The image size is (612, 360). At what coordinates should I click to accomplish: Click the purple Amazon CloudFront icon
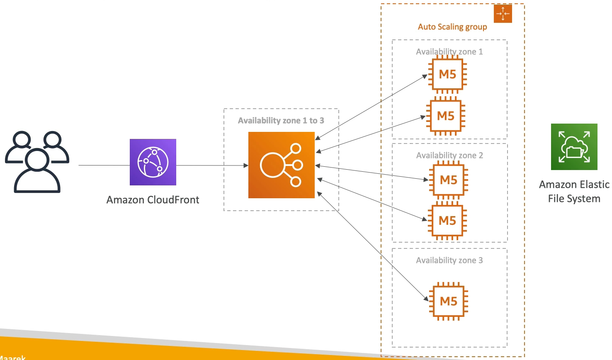pyautogui.click(x=153, y=162)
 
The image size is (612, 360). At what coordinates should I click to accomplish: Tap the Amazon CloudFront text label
pyautogui.click(x=153, y=200)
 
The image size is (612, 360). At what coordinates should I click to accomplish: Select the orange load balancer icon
pyautogui.click(x=282, y=165)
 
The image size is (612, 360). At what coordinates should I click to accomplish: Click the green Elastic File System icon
pyautogui.click(x=574, y=147)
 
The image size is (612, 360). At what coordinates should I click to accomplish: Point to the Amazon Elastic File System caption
pyautogui.click(x=574, y=192)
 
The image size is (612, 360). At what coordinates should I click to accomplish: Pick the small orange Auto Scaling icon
pyautogui.click(x=503, y=14)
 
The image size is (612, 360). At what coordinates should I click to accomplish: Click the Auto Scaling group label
pyautogui.click(x=452, y=27)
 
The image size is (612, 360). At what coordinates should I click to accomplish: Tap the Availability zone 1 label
pyautogui.click(x=449, y=52)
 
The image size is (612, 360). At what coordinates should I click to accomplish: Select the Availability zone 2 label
pyautogui.click(x=449, y=156)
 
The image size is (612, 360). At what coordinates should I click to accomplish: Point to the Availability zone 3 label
pyautogui.click(x=449, y=260)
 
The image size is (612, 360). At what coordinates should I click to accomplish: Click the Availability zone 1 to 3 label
pyautogui.click(x=281, y=121)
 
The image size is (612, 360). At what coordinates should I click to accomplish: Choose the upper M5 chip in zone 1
pyautogui.click(x=447, y=75)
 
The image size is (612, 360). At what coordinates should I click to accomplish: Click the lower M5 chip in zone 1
pyautogui.click(x=446, y=116)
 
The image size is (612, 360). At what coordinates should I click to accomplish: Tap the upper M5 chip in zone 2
pyautogui.click(x=448, y=180)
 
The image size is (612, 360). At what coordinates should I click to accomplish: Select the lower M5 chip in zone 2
pyautogui.click(x=447, y=221)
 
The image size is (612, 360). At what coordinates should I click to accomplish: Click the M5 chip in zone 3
pyautogui.click(x=448, y=301)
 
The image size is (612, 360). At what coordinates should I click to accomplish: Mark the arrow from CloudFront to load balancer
pyautogui.click(x=211, y=165)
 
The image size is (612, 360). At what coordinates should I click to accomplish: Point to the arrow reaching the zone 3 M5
pyautogui.click(x=373, y=246)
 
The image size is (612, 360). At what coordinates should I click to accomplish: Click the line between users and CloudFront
pyautogui.click(x=104, y=165)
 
